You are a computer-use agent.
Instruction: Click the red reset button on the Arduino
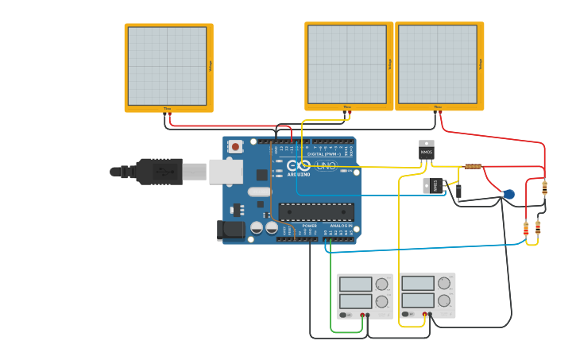235,146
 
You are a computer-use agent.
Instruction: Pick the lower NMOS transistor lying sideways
431,186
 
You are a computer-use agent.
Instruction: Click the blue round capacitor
508,194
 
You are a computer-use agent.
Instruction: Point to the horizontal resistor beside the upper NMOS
473,167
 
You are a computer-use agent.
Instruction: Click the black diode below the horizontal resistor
458,191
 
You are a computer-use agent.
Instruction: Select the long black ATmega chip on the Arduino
316,211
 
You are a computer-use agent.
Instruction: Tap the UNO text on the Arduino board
327,166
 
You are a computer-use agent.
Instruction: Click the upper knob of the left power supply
381,284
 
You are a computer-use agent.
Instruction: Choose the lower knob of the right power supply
444,301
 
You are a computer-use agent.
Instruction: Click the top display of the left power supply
355,284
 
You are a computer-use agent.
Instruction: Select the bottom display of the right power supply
418,301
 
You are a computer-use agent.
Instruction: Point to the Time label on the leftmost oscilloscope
167,109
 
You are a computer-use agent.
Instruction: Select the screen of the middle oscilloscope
347,64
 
